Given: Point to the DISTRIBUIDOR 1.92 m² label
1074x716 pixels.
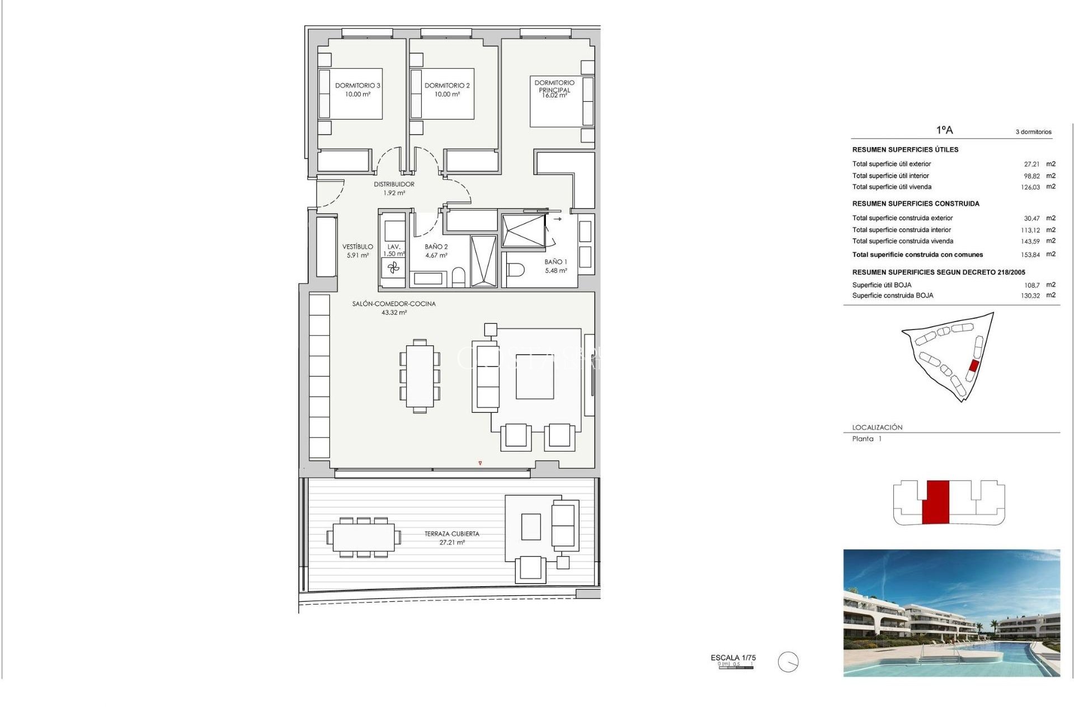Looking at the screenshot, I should tap(394, 189).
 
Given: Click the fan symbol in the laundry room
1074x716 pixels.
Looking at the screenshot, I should tap(394, 268).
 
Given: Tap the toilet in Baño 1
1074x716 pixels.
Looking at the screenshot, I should tap(516, 270).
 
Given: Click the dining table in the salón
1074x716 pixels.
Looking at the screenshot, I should tap(420, 376).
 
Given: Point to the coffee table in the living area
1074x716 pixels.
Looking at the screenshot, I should tap(534, 376).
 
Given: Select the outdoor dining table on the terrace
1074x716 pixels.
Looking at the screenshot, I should tap(364, 538).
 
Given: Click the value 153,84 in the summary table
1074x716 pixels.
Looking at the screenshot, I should tap(1030, 255).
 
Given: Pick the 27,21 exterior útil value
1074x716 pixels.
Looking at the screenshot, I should tap(1031, 164).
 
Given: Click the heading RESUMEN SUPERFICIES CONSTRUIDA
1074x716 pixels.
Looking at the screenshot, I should tap(916, 204).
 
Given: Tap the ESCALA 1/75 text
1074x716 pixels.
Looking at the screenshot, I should tap(733, 658).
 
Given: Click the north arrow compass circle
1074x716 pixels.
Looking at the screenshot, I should tap(788, 662).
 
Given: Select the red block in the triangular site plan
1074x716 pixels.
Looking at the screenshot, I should tap(973, 366).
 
